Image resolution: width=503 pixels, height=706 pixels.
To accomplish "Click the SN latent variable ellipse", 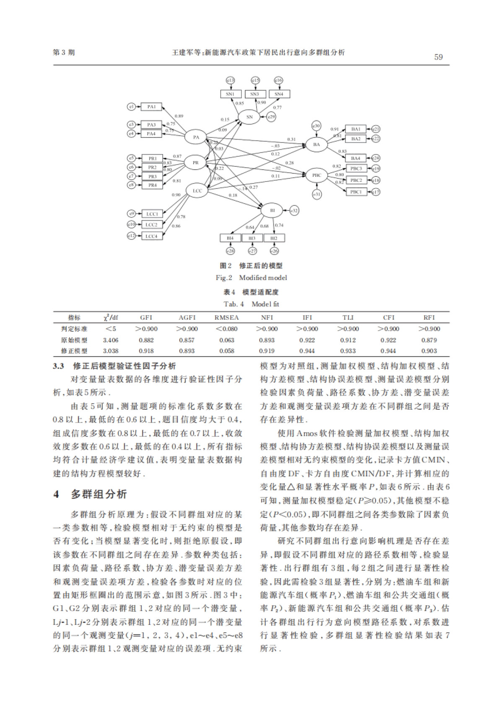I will (x=249, y=117).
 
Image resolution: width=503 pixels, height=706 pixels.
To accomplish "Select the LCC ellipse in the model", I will (x=197, y=191).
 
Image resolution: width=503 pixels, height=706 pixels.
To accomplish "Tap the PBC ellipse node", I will (x=316, y=175).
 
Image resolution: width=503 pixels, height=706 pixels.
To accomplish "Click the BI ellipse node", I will (x=272, y=210).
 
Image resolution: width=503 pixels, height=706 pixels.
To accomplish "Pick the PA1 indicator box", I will (x=151, y=107).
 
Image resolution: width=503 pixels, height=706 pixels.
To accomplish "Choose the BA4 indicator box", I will (x=355, y=158).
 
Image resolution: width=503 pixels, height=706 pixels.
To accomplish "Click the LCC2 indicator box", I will (x=151, y=225).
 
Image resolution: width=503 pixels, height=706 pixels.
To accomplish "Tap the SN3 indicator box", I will (x=254, y=94).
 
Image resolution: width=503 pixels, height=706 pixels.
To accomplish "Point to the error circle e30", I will (x=316, y=125).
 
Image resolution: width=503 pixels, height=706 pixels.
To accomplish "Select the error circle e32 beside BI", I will (x=294, y=211).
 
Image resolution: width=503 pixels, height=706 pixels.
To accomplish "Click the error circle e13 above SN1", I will (x=230, y=80).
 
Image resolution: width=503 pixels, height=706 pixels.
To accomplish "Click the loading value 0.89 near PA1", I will (x=179, y=116).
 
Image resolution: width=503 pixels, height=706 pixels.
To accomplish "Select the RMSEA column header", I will (x=226, y=318).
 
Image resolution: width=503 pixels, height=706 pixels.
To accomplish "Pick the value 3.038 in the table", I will (x=111, y=351).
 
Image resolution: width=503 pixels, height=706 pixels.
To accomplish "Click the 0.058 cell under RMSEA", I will (x=227, y=351).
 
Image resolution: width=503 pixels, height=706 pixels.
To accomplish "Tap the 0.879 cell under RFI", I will (x=429, y=340).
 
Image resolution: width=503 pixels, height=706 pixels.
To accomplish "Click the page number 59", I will (x=438, y=57).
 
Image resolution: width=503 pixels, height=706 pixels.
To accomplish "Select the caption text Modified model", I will (x=263, y=277).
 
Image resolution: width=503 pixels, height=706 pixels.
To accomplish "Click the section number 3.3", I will (x=58, y=366).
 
